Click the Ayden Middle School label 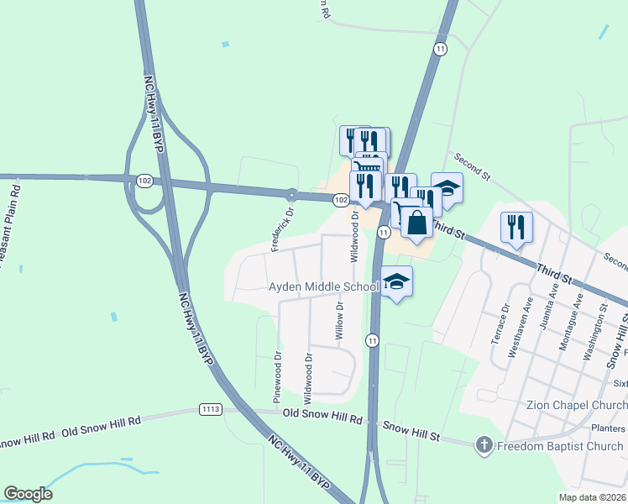tap(323, 287)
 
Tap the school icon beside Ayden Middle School tap(397, 282)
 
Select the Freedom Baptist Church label tap(559, 446)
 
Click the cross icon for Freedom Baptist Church tap(484, 445)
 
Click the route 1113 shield tap(211, 409)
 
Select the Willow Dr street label tap(340, 320)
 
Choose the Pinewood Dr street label tap(277, 370)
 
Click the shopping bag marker tap(416, 223)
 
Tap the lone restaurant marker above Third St tap(515, 227)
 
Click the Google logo tap(28, 493)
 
